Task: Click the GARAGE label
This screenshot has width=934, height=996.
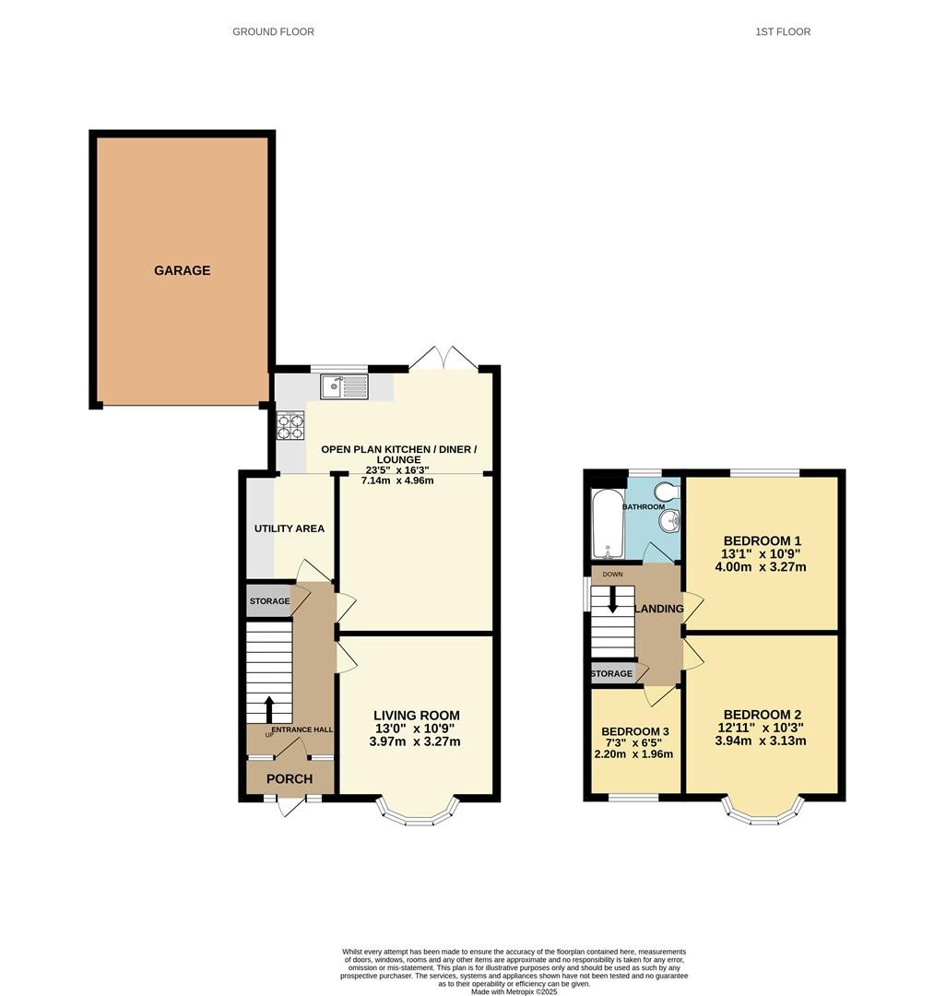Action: point(183,270)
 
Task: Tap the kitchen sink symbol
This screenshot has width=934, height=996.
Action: point(344,386)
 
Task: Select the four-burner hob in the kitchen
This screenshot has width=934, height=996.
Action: point(290,425)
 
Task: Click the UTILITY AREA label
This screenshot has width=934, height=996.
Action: point(290,528)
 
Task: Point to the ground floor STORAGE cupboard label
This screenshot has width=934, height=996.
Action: point(270,601)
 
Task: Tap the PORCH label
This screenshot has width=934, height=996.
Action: point(290,778)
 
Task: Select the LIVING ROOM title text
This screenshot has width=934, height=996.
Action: point(417,716)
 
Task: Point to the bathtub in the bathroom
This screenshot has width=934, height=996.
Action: point(608,524)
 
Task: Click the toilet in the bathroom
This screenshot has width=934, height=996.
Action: point(668,492)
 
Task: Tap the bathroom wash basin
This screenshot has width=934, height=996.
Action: point(670,522)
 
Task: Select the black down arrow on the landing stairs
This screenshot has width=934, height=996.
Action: point(613,599)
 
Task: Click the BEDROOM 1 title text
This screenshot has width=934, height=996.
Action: point(762,540)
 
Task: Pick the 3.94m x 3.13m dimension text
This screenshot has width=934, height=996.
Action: point(761,741)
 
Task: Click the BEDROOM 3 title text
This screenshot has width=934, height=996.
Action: point(635,731)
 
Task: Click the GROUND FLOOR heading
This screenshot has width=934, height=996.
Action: point(273,31)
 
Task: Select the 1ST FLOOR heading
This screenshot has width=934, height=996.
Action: point(783,31)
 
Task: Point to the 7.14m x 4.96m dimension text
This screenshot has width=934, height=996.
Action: point(397,480)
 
